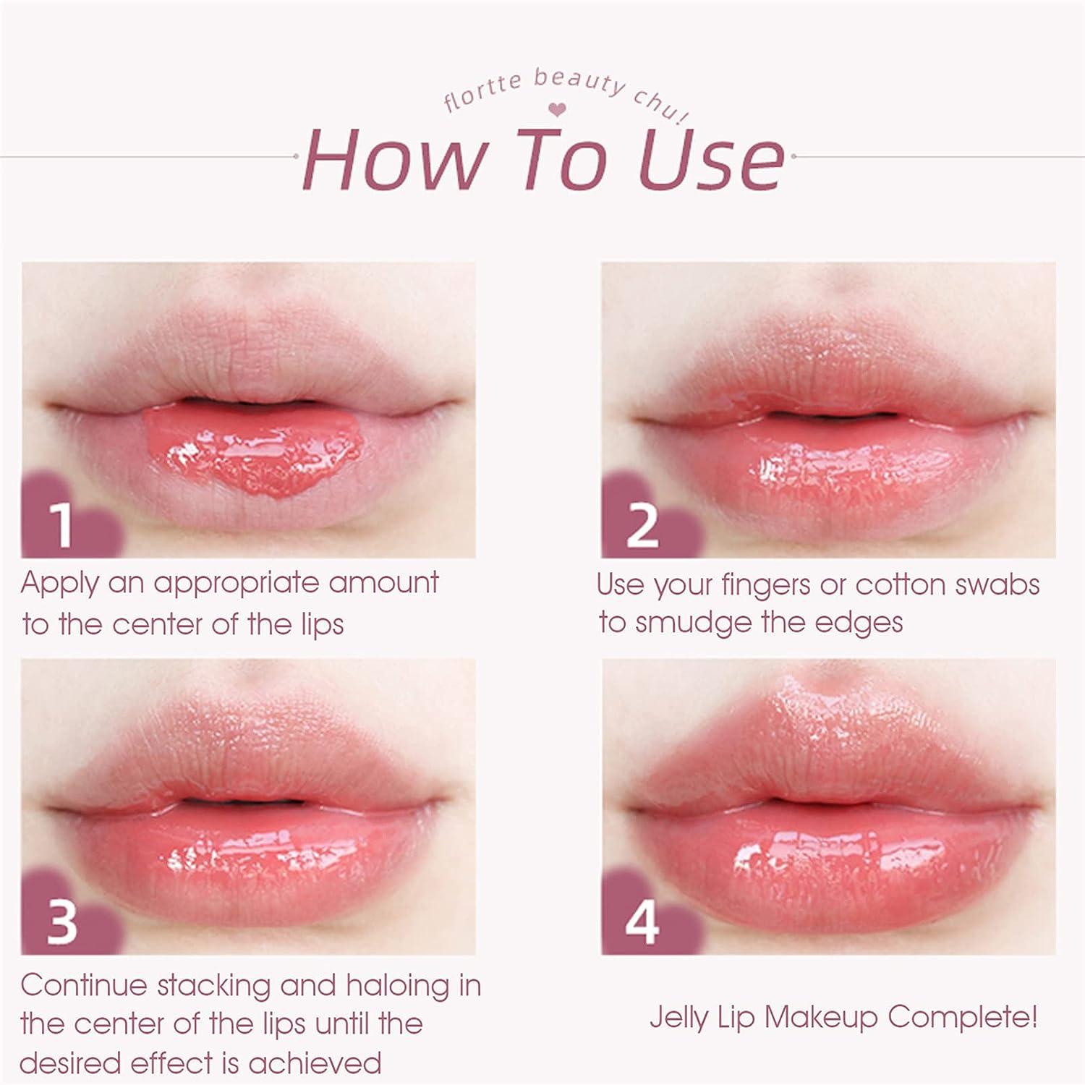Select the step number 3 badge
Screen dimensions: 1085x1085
pos(62,922)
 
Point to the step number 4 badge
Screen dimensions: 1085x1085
pos(642,922)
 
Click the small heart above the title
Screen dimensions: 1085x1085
pos(557,110)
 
